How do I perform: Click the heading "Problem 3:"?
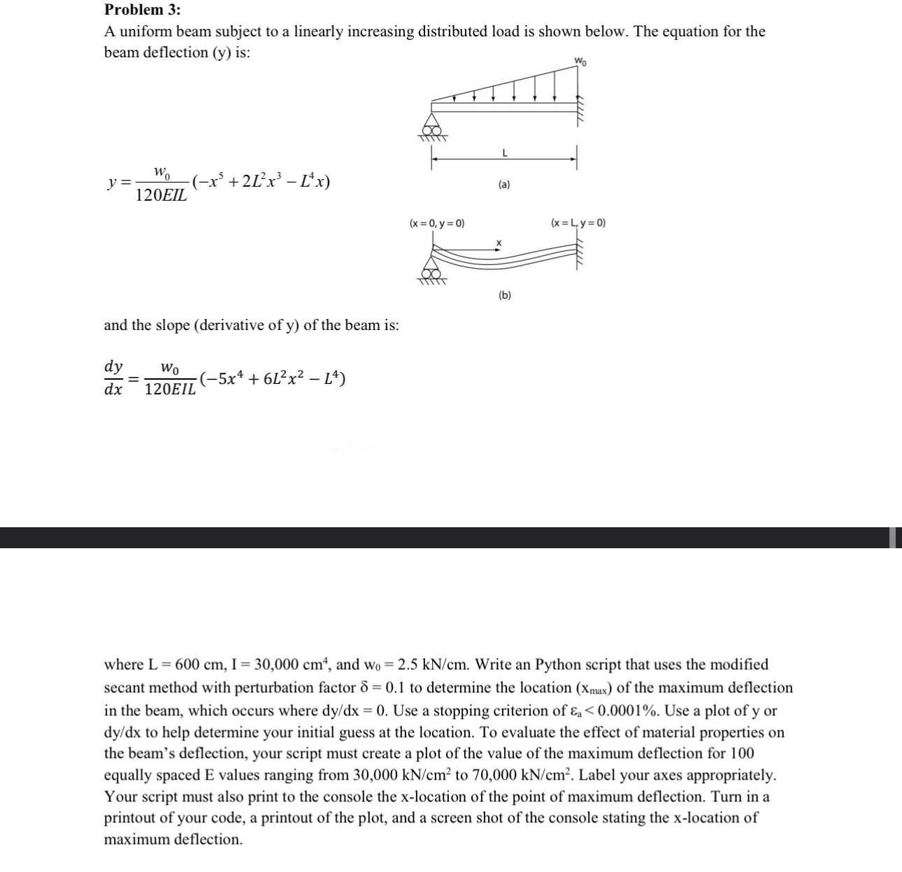142,10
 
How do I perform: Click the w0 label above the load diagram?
580,61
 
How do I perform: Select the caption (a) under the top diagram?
504,185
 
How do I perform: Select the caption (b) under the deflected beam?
504,295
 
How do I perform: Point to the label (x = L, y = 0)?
578,223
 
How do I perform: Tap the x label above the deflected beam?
499,243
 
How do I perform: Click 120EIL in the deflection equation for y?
161,196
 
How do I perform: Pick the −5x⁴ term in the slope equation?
223,379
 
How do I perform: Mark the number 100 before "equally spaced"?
743,753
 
